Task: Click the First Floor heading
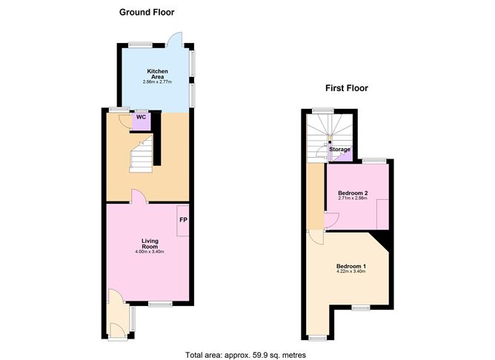coord(346,88)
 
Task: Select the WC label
coord(140,116)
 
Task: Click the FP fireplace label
coord(183,219)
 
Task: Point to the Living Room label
coord(150,243)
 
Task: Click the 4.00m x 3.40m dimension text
coord(150,253)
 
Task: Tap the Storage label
coord(340,150)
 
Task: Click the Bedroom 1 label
coord(351,266)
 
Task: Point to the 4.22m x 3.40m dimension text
coord(351,272)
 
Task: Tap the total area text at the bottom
coord(245,355)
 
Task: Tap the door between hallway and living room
coord(139,197)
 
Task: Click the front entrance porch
coord(117,319)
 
